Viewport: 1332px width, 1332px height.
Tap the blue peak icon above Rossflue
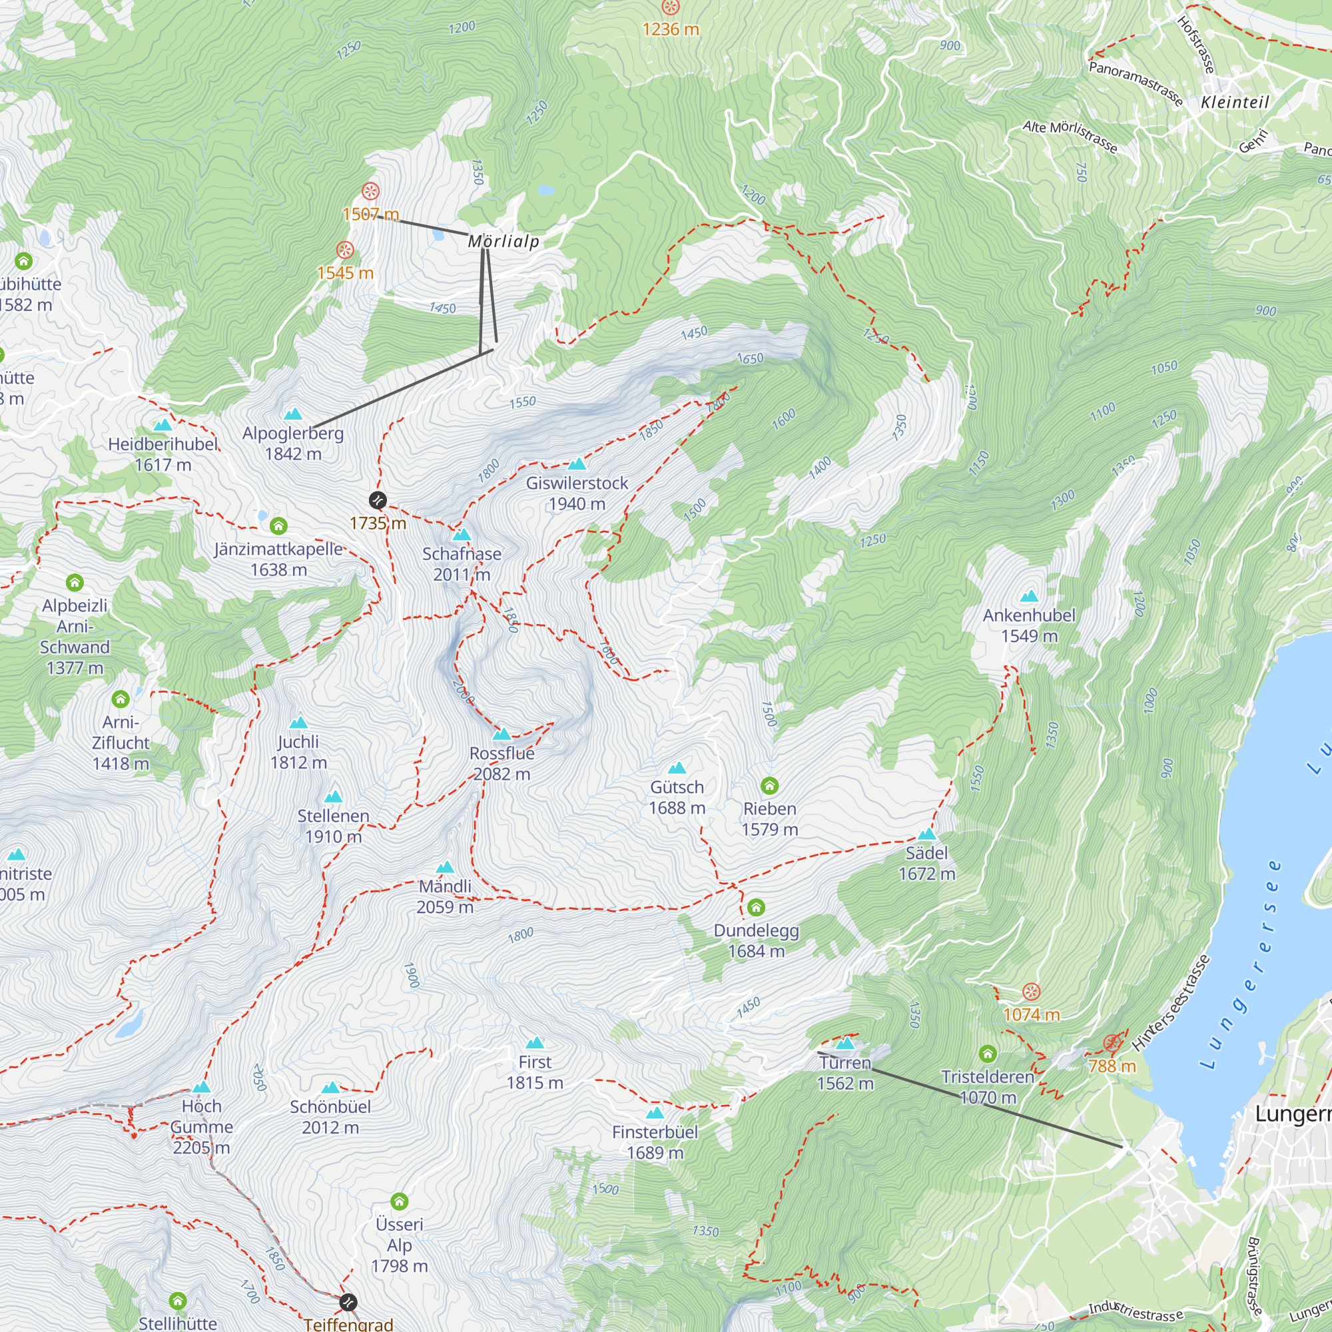pos(502,733)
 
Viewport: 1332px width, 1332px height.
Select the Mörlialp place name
pos(504,240)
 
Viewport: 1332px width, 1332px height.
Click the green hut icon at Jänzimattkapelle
pos(278,526)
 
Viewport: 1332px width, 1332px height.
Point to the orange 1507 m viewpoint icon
pos(371,191)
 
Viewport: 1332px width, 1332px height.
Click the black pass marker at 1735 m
pos(377,500)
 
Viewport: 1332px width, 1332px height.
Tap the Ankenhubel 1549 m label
pos(1029,625)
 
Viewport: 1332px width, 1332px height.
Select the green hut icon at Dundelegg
pos(757,906)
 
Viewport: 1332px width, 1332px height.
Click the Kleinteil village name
pos(1235,102)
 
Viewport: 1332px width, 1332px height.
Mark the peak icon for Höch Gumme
pos(201,1088)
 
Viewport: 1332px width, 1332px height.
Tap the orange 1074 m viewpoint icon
pos(1031,992)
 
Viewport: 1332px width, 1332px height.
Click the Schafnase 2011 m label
pos(462,563)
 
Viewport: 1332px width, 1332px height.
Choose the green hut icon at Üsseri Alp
pos(399,1201)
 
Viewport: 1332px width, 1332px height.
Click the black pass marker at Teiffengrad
pos(348,1302)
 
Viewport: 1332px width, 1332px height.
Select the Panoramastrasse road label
pos(1136,83)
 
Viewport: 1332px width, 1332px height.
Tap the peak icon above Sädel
pos(926,834)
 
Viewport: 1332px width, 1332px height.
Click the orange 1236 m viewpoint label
pos(670,29)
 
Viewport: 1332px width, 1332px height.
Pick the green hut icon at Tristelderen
pos(987,1054)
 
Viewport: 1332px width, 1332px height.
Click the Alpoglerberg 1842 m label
pos(293,443)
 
